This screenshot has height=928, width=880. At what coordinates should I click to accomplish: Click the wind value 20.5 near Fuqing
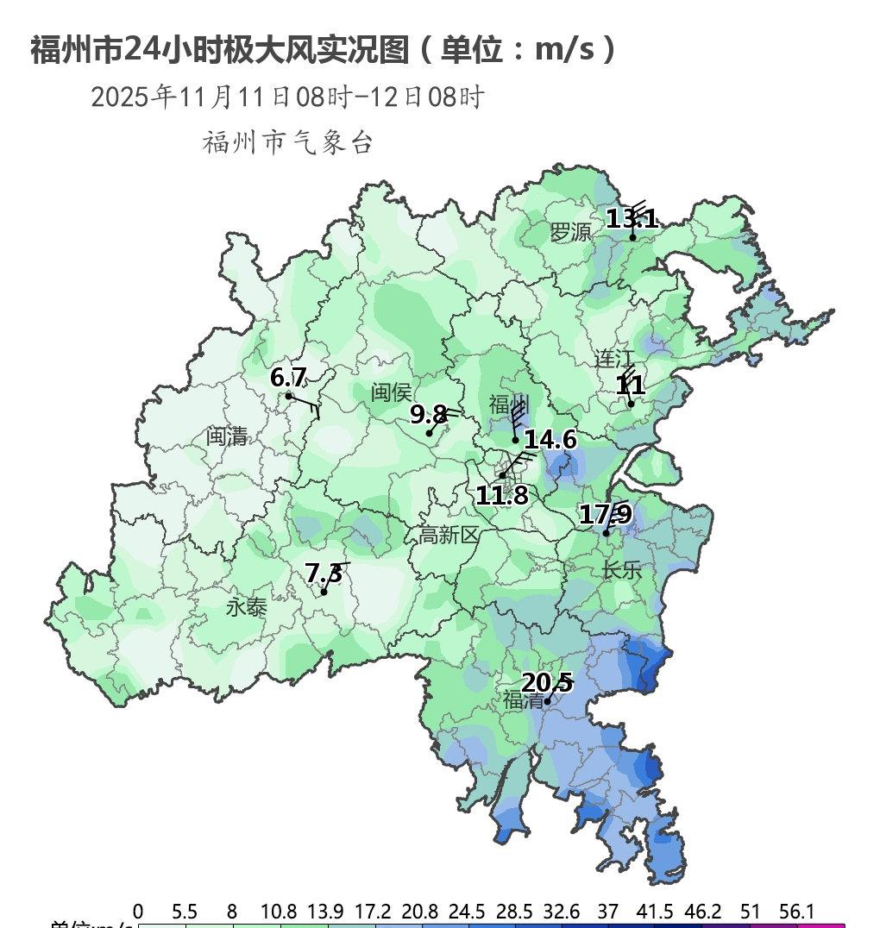[547, 684]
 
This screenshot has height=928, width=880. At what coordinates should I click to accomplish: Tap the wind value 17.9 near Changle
[605, 515]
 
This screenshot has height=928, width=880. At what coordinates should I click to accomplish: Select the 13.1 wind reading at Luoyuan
[632, 219]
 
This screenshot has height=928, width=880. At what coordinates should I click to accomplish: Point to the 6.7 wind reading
[288, 378]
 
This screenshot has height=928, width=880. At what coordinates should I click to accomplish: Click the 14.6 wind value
[550, 440]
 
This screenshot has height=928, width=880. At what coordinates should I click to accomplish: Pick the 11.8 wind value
[501, 496]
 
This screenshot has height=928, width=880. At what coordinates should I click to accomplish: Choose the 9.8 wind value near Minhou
[428, 416]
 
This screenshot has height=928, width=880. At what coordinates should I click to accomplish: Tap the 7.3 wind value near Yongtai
[324, 574]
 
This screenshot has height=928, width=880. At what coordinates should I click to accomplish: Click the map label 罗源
[571, 232]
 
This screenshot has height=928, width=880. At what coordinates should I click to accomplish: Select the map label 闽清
[227, 436]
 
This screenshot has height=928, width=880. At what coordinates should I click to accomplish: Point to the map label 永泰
[247, 608]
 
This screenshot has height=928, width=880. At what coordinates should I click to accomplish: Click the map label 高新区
[449, 536]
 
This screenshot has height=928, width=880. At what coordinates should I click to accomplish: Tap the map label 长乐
[622, 570]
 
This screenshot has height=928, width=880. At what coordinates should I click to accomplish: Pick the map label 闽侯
[391, 393]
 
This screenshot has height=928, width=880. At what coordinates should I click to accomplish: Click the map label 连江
[614, 359]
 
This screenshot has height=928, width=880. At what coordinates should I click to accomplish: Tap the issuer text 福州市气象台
[287, 142]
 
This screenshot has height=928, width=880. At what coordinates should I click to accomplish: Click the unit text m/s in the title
[564, 50]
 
